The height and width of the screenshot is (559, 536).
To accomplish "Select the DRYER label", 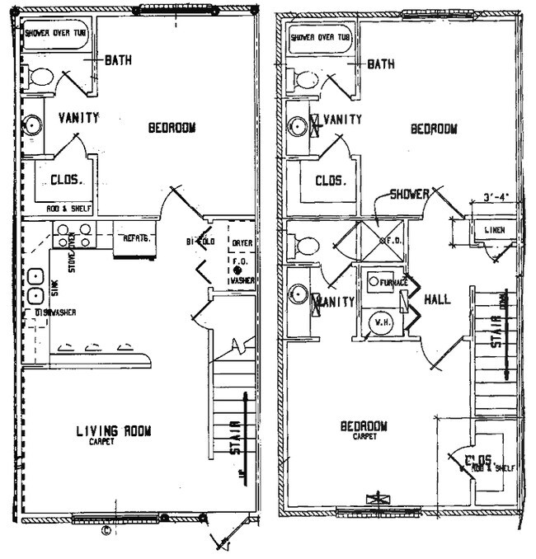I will click(x=241, y=243).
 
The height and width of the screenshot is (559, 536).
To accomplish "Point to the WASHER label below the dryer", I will click(x=242, y=280).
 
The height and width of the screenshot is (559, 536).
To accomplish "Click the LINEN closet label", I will click(x=495, y=230).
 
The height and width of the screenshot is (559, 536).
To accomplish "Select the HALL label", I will click(x=436, y=299).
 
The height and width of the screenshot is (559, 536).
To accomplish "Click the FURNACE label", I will click(x=395, y=283).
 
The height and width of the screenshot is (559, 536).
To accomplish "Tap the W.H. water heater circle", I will click(x=382, y=322).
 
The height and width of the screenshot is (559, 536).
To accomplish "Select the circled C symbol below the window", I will click(x=105, y=532).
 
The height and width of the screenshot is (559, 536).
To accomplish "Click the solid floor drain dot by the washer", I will click(x=236, y=270).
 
